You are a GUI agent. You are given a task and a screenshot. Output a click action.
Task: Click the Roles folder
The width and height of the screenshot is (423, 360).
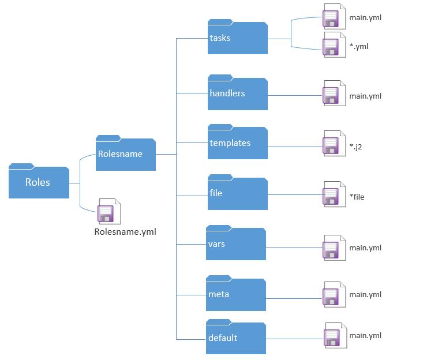click(x=39, y=182)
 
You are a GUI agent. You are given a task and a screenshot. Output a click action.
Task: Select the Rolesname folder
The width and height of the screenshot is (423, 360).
click(x=125, y=154)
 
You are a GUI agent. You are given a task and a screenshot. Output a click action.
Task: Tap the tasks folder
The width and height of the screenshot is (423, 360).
click(x=237, y=38)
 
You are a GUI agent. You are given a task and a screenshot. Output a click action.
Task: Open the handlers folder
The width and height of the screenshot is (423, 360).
click(x=237, y=93)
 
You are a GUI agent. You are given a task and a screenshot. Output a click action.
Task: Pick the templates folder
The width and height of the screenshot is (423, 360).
click(x=237, y=143)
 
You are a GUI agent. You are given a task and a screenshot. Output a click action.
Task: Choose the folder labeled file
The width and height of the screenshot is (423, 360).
click(x=237, y=193)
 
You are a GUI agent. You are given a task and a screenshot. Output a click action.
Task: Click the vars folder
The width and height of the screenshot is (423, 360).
click(x=236, y=244)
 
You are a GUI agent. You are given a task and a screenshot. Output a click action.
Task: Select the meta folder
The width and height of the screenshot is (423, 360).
click(x=236, y=295)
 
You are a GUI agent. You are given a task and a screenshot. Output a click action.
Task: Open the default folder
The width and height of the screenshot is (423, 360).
click(x=236, y=338)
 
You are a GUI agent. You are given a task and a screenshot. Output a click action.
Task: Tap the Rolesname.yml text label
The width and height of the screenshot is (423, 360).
click(x=125, y=232)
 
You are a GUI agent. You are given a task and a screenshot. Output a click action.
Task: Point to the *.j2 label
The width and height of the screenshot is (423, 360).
click(x=355, y=147)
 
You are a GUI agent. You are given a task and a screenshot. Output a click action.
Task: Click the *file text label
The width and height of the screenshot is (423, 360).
click(x=357, y=197)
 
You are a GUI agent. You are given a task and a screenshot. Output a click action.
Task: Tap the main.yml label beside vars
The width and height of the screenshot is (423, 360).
click(x=365, y=248)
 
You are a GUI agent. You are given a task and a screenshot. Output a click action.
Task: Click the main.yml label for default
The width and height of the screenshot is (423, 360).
click(x=365, y=336)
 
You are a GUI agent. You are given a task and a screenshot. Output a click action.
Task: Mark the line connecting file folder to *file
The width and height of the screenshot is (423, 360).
click(x=294, y=194)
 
